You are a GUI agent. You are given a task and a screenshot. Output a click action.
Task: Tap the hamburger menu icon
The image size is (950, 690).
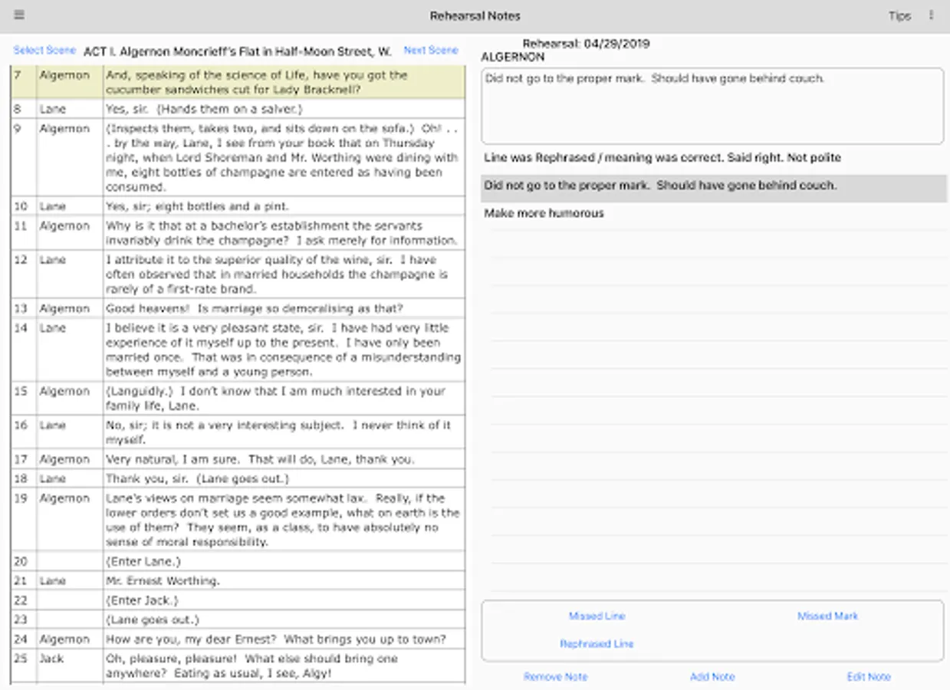coord(19,15)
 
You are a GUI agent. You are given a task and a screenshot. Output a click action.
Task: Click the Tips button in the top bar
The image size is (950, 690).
coord(899,16)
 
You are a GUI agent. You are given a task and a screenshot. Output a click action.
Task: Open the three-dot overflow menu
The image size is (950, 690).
coord(931,15)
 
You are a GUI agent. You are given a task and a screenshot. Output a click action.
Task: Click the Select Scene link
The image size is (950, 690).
coord(44,51)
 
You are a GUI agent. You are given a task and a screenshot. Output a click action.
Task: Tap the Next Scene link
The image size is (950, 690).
coord(430,51)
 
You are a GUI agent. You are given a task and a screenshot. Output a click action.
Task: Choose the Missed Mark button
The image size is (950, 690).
coord(827,616)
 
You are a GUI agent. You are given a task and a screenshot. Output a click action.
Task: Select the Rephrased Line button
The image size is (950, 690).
coord(597,644)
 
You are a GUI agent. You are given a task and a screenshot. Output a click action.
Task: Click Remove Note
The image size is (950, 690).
coord(555,677)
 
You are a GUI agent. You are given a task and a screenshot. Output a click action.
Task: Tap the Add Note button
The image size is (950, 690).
coord(712,677)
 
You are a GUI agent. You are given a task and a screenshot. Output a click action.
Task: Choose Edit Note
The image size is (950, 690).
coord(869,677)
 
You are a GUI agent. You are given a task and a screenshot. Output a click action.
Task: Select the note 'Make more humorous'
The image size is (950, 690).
coord(544,213)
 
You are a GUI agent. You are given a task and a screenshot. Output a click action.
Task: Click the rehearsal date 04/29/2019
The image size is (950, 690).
coord(616,44)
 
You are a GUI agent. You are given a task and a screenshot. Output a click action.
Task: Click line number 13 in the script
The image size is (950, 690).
coord(21,309)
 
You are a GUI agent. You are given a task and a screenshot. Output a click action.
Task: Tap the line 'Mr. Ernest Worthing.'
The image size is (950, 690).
coord(163,581)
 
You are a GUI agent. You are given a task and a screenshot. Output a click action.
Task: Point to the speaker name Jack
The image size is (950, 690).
coord(51,659)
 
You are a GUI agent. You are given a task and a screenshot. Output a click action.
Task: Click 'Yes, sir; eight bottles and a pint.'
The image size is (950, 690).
coord(196,206)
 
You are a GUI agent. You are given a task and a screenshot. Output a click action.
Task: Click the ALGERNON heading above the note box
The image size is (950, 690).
coord(512,57)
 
